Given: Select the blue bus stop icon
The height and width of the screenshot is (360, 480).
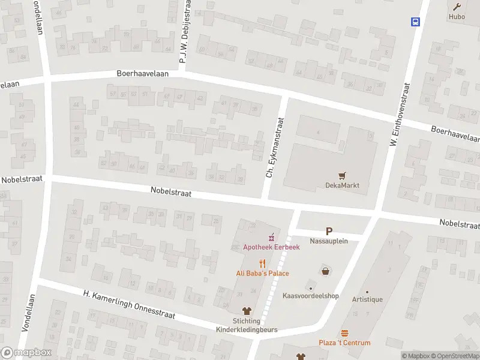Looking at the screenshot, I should [x=415, y=22].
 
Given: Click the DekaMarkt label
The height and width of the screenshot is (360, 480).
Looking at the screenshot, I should [x=343, y=185].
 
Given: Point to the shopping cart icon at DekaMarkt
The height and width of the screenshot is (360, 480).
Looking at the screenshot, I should [x=343, y=176].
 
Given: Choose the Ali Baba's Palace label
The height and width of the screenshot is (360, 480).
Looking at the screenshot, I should [x=262, y=273].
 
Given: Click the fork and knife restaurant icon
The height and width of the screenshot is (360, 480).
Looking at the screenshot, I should [x=262, y=263].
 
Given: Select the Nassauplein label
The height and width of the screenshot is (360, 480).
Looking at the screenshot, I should [x=328, y=241].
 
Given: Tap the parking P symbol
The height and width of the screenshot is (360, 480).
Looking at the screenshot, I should [x=328, y=231].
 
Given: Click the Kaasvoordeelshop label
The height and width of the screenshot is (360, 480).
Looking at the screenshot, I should [x=311, y=296].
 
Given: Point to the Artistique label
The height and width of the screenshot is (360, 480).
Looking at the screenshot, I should [x=367, y=299].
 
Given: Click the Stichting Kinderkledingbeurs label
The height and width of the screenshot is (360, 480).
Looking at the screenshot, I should [x=247, y=325].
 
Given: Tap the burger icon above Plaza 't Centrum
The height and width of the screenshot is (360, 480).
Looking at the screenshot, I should [x=344, y=333].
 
